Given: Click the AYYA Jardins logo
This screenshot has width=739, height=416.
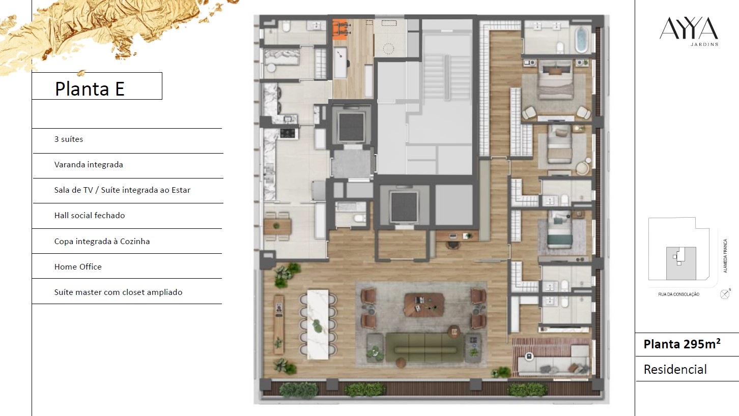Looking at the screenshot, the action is point(689,32).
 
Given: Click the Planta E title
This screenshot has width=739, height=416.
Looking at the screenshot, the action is point(90,88).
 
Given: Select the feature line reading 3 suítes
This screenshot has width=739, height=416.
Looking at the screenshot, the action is point(69,139).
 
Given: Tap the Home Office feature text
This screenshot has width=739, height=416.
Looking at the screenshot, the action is point(78,266).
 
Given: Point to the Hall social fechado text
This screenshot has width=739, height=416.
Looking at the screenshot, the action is point(90,216).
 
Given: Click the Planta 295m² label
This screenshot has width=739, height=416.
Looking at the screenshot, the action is point(682,344).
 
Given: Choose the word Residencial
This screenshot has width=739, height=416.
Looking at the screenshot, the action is point(675,370).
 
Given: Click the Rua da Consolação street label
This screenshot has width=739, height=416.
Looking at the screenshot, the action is point(678,294).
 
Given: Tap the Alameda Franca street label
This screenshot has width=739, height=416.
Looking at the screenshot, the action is point(725,256).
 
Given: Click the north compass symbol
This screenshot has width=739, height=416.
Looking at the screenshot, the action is point(725,294).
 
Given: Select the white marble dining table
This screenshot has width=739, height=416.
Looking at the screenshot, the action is point(318,324).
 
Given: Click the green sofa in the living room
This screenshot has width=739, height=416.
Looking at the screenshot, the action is point(424,348).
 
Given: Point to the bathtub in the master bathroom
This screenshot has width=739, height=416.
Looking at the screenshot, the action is point(581,40).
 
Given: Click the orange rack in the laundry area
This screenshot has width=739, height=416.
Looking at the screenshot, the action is point(339,29).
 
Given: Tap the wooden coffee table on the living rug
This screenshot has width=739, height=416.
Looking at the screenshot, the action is point(424,305).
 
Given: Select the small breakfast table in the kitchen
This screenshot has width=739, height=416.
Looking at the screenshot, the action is point(277,226).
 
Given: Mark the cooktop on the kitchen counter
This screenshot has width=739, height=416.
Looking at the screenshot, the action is point(288,133).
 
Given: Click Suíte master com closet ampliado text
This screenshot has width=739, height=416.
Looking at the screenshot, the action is point(118,292).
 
